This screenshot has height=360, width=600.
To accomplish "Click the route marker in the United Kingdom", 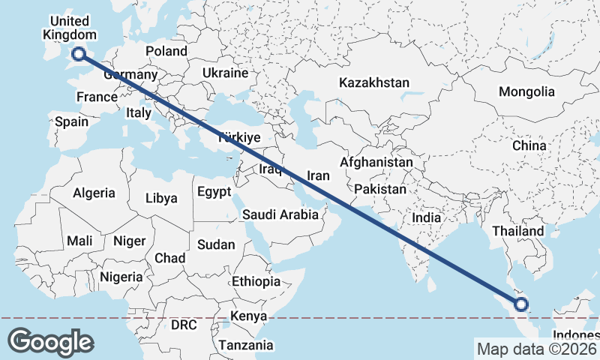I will (x=78, y=52).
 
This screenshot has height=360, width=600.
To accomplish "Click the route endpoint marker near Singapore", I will (x=520, y=304).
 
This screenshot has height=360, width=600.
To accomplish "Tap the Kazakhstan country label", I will (x=374, y=82).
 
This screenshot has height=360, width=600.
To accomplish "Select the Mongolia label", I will (x=530, y=92).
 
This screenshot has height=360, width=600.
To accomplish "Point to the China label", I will (x=529, y=145).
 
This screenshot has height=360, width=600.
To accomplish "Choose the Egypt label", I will (x=214, y=192).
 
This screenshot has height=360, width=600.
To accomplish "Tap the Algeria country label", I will (x=94, y=193).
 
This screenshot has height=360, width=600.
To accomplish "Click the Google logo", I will (x=50, y=341).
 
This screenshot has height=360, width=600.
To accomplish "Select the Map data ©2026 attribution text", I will (x=535, y=349).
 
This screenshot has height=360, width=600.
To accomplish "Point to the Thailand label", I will (x=518, y=232).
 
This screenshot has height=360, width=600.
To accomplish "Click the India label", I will (x=427, y=217).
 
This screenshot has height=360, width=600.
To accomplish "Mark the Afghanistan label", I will (x=376, y=162).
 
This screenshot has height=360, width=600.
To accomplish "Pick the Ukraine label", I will (x=225, y=73).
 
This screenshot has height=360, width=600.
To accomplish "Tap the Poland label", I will (x=166, y=51).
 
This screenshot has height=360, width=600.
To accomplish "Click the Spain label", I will (x=72, y=121).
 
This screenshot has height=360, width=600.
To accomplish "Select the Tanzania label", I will (x=246, y=346).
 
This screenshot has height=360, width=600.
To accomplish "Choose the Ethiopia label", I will (x=256, y=281).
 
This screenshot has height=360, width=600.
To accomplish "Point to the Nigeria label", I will (x=120, y=277).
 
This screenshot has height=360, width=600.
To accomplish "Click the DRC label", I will (x=184, y=325).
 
